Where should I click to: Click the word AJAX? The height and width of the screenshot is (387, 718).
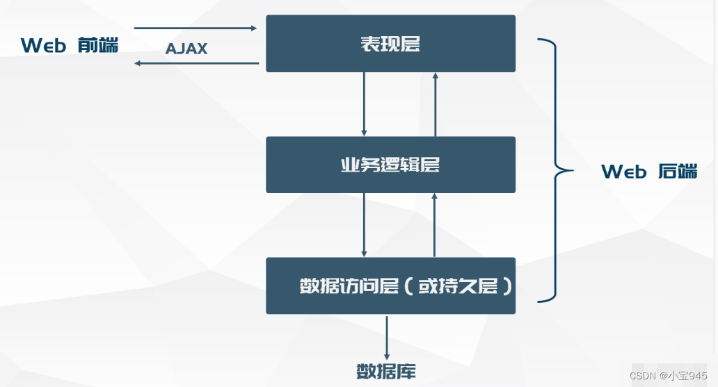point(186,49)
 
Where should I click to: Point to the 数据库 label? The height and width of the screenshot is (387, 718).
point(386,371)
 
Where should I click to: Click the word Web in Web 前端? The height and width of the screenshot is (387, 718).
point(43,46)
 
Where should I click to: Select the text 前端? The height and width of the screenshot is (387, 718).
point(99,46)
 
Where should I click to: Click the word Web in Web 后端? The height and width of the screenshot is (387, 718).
point(624,171)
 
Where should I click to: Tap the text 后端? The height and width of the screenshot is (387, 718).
point(678,171)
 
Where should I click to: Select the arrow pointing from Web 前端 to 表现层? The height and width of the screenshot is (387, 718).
point(196,28)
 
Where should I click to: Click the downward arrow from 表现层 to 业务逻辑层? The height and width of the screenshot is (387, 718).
point(364,104)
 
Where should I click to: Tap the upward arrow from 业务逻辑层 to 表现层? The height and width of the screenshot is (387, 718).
point(435,104)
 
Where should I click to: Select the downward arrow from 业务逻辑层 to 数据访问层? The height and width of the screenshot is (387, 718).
point(364,225)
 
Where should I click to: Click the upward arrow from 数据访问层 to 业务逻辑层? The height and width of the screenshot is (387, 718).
point(435,225)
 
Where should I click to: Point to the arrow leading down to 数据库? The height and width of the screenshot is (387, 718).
point(387,338)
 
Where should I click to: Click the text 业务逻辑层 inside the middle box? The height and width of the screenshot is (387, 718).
point(390,165)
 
